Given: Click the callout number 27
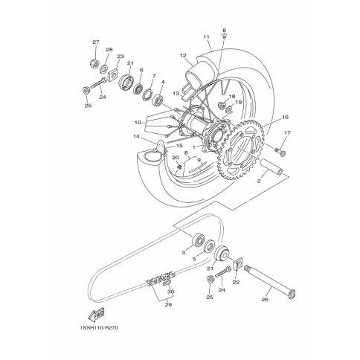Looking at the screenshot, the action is point(96,42).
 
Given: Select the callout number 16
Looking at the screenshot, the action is point(286,117).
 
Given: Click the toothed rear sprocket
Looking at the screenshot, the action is point(242,150).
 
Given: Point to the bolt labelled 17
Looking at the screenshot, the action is point(280,151).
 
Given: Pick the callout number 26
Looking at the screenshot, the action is point(265,300).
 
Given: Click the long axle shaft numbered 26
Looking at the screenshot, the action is point(269,282).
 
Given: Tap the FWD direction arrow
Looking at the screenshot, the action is point(96,314).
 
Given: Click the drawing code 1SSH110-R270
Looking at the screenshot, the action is point(99,327).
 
